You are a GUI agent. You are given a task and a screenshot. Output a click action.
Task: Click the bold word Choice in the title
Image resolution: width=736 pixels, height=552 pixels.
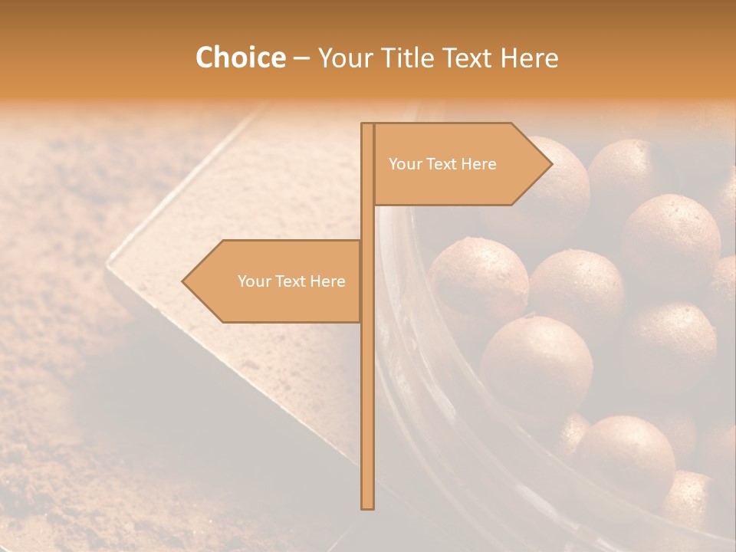(x=240, y=58)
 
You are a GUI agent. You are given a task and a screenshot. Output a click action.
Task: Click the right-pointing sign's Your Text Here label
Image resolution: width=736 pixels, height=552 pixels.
(x=442, y=164)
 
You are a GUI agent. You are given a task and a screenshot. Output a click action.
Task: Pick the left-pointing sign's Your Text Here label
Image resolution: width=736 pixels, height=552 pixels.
(x=291, y=281)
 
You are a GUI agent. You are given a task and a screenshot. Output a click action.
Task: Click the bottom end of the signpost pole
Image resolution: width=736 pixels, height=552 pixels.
(x=367, y=506)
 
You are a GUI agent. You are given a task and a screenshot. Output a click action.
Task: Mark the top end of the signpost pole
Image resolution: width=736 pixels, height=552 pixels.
(x=367, y=125)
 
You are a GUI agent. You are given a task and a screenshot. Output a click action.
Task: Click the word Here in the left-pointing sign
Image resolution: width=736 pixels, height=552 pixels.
(x=327, y=281)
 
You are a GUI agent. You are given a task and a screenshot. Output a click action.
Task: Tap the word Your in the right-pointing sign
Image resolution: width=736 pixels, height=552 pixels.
(x=404, y=164)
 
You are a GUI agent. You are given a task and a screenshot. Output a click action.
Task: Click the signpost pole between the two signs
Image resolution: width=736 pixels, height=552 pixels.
(x=367, y=222)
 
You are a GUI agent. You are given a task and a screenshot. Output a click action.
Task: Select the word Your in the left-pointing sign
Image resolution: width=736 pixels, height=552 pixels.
(x=253, y=281)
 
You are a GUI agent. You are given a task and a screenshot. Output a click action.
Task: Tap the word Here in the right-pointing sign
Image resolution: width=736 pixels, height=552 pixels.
(x=478, y=164)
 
